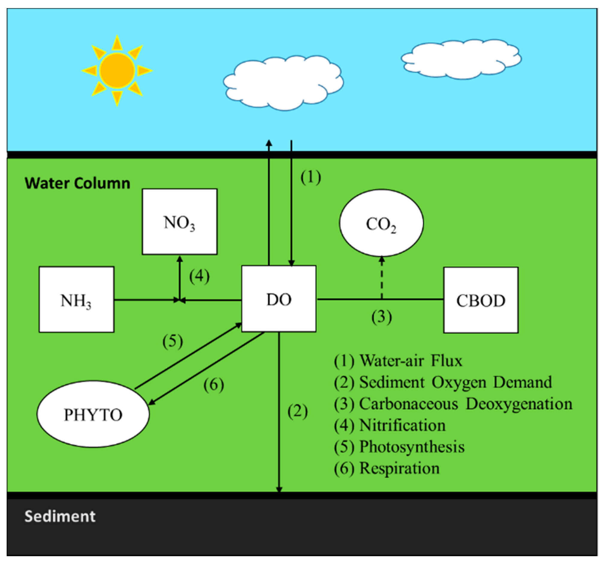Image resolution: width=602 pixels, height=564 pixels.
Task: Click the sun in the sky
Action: [117, 71]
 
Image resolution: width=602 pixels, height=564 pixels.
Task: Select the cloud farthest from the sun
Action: [461, 59]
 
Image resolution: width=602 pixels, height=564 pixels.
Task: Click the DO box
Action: [279, 299]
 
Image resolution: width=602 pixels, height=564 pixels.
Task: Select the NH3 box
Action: [76, 300]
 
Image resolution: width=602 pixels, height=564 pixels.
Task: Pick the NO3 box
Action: [179, 222]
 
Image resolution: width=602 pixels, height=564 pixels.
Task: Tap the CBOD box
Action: [481, 300]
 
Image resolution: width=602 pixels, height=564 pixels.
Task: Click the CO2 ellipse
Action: [381, 223]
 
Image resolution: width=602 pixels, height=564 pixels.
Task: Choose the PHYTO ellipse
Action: [93, 414]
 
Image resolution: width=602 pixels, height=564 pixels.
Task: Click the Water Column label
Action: [77, 183]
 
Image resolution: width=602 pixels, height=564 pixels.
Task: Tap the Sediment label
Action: [60, 516]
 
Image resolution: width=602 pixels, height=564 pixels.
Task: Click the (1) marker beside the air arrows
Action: [311, 177]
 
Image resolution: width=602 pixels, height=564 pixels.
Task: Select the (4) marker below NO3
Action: [199, 276]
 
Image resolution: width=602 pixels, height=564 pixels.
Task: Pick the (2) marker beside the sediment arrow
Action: [297, 411]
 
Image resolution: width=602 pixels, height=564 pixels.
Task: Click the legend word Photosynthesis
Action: [412, 447]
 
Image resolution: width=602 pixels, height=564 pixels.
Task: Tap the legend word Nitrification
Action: [402, 425]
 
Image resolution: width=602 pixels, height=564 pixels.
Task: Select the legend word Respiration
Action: [399, 468]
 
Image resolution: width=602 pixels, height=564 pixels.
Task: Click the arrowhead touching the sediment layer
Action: [279, 489]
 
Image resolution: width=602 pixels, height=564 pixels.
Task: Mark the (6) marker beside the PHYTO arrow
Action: [214, 385]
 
